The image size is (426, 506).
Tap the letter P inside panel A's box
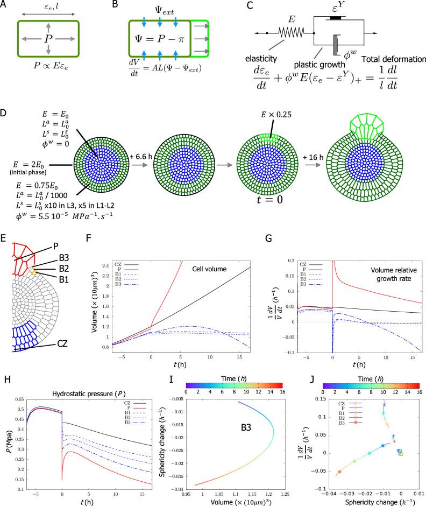(x=49, y=41)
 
